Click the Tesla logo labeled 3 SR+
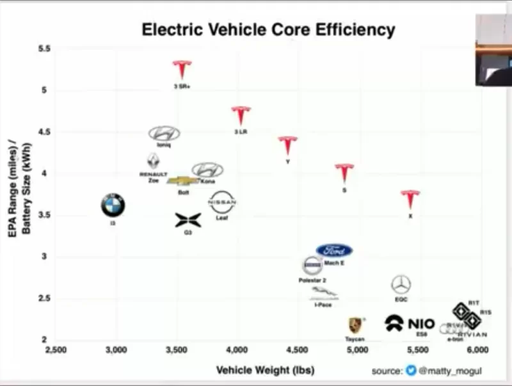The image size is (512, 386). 182,70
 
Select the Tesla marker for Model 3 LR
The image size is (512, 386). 240,116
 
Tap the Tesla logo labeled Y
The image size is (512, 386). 287,146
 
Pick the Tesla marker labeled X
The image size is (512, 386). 411,199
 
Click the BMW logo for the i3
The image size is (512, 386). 113,205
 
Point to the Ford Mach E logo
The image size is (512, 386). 334,250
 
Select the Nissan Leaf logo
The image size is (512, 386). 223,202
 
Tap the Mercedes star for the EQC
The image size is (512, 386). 401,285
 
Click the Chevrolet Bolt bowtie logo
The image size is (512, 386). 182,181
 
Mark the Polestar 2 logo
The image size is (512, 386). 312,266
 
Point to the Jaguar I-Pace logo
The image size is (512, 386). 323,293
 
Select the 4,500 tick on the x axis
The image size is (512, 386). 297,350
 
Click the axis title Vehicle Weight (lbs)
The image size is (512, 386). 265,370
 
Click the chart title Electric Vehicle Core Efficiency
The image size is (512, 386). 268,30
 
